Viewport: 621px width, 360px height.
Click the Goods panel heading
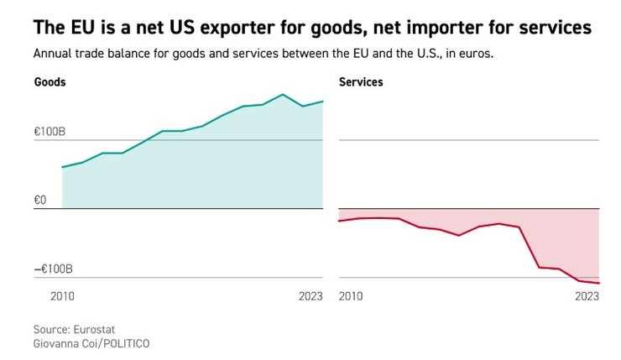pos(50,82)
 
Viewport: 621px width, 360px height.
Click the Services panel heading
pos(361,82)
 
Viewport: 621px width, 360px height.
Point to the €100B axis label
pos(50,132)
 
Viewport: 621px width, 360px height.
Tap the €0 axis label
pos(41,200)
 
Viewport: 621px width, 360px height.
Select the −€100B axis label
pos(53,269)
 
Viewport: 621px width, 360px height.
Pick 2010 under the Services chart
pos(351,296)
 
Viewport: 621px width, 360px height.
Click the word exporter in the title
pos(211,29)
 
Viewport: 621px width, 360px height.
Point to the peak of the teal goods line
pos(283,94)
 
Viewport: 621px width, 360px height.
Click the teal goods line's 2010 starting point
pos(63,167)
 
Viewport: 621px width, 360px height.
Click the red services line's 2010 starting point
pos(338,221)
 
